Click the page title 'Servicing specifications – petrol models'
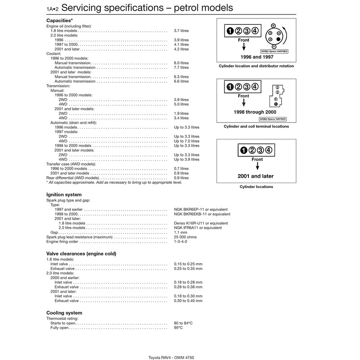[147, 8]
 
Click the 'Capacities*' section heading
[60, 21]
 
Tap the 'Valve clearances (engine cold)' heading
[81, 254]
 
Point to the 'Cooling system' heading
[64, 313]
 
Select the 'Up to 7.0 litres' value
[186, 141]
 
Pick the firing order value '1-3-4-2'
[181, 242]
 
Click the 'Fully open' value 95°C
[179, 328]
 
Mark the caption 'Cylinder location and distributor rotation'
[256, 66]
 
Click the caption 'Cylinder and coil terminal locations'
[256, 127]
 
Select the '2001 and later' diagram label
[256, 176]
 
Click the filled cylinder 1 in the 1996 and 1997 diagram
[230, 31]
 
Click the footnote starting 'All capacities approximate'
[114, 183]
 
